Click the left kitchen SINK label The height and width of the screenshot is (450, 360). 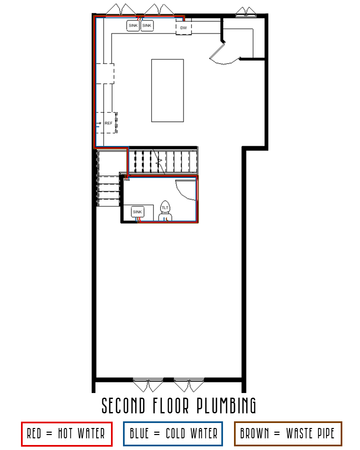pos(133,26)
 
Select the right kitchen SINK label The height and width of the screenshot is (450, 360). pos(147,26)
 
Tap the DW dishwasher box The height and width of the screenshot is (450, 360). pos(184,27)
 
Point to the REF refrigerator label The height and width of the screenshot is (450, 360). pos(108,123)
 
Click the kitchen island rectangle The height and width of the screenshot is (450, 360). pos(167,91)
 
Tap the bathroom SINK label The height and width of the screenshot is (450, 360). pos(137,212)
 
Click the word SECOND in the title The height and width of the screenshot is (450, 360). pos(123,406)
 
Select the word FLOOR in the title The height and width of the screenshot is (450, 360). pos(171,406)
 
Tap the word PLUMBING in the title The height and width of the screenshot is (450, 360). pos(226,406)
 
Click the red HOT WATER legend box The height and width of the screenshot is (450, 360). pos(67,434)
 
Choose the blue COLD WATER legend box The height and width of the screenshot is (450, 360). pos(173,434)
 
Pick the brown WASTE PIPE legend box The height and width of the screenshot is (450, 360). pos(288,434)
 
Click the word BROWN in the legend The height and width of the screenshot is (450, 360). pos(254,434)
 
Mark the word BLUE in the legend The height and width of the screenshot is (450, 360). pos(139,434)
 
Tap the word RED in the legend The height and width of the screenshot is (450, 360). pos(34,434)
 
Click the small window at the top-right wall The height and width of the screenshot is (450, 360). pos(246,13)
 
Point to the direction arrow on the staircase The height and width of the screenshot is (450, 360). pos(159,162)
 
